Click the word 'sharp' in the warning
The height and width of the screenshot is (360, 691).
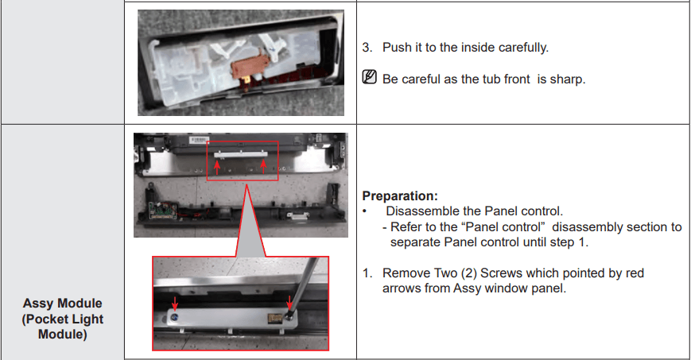(x=566, y=80)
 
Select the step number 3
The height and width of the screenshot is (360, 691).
(x=367, y=48)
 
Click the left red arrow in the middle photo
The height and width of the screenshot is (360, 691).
(x=216, y=165)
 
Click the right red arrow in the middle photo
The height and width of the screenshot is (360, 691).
(x=265, y=165)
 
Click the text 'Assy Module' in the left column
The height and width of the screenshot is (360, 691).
(x=63, y=304)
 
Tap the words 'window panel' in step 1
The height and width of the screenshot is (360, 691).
(x=528, y=288)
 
